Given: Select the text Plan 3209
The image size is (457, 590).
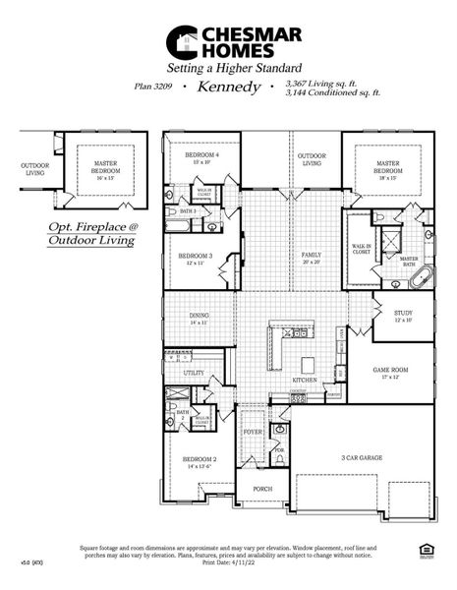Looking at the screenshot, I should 156,88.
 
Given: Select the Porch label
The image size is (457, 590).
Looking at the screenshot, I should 262,488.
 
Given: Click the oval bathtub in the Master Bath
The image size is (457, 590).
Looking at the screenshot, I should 421,284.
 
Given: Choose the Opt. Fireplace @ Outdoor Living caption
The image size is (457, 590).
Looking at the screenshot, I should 94,232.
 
